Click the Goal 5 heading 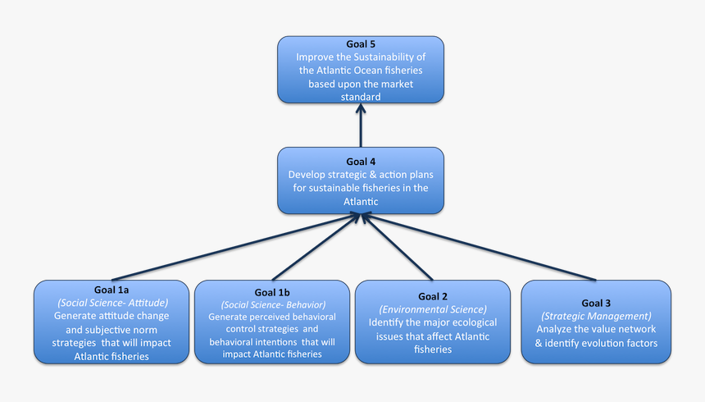pos(361,45)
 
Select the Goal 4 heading pos(361,162)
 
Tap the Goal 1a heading pos(111,290)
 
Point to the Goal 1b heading pos(272,292)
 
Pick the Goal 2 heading pos(433,296)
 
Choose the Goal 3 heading pos(596,302)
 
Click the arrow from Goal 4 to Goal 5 pos(361,123)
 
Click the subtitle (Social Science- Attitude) pos(111,303)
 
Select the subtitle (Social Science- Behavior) pos(272,304)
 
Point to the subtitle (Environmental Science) pos(433,309)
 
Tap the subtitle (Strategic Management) pos(596,316)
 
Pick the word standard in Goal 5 pos(361,97)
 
